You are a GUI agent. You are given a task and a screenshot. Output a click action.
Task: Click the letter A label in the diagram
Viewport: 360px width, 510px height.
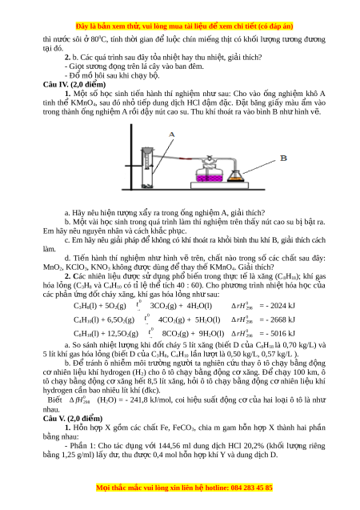pos(172,135)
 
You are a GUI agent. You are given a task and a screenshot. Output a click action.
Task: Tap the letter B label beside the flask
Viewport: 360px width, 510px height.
pos(283,158)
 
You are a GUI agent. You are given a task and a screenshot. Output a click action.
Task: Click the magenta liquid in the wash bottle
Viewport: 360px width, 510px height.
pos(209,179)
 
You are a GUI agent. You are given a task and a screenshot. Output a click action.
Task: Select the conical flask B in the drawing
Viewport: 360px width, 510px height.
pos(235,175)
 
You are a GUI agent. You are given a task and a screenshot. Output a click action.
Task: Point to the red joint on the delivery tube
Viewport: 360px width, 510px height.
pos(185,159)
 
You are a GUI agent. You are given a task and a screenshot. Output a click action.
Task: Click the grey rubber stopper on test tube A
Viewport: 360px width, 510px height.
pos(147,151)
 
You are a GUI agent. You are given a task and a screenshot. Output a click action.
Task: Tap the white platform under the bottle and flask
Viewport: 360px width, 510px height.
pos(219,186)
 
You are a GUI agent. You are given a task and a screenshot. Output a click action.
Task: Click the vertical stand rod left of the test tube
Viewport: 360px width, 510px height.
pos(131,156)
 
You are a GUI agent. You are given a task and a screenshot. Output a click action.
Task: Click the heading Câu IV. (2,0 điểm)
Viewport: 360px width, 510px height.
pos(74,85)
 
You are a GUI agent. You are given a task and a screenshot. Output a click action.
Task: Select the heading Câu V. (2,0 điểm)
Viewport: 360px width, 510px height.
pos(73,419)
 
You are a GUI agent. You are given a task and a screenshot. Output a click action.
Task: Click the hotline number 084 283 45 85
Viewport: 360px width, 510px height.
pos(252,488)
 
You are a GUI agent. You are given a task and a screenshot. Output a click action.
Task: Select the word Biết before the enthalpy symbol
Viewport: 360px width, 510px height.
pos(55,400)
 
